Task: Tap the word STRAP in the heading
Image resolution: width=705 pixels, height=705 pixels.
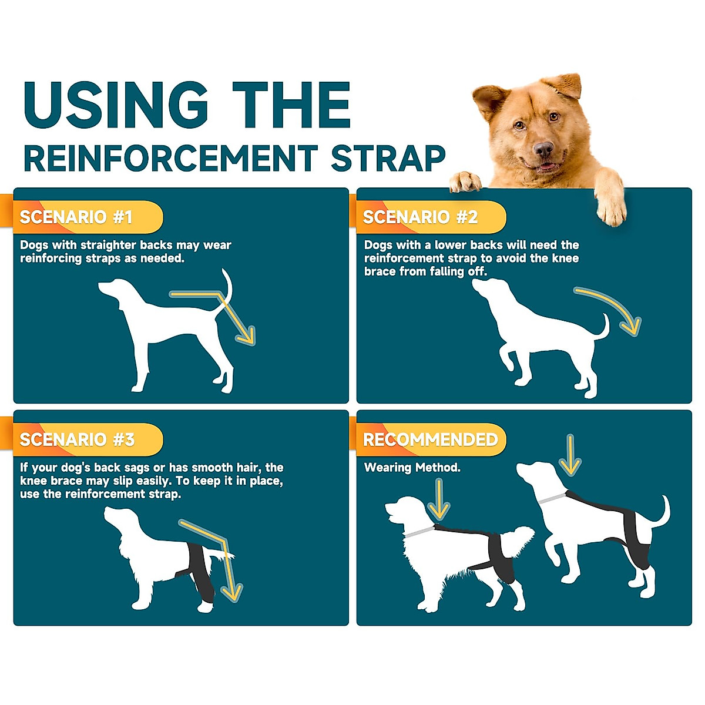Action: point(388,158)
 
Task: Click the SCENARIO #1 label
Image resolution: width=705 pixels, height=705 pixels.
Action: point(76,217)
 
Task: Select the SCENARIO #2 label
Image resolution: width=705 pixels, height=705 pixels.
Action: point(421,217)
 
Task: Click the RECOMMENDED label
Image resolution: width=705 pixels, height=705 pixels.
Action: point(430,439)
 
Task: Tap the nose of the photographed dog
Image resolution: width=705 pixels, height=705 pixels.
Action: point(543,148)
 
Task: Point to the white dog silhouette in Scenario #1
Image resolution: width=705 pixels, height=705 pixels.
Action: point(170,329)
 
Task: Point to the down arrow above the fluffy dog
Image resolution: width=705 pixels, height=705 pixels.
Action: point(438,499)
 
